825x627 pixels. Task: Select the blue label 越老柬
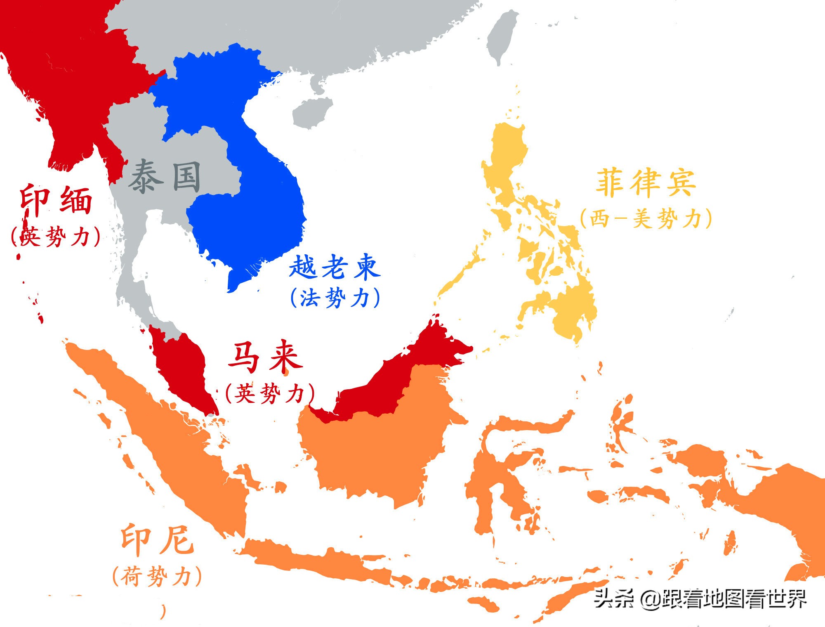(334, 267)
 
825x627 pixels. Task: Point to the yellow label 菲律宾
(646, 182)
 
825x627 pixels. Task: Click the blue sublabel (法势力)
(335, 298)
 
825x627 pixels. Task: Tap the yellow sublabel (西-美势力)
(646, 218)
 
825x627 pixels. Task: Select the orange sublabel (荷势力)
(157, 576)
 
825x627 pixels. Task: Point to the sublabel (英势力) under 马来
(270, 393)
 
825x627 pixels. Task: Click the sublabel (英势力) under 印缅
(56, 237)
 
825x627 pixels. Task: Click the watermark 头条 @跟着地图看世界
(700, 599)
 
